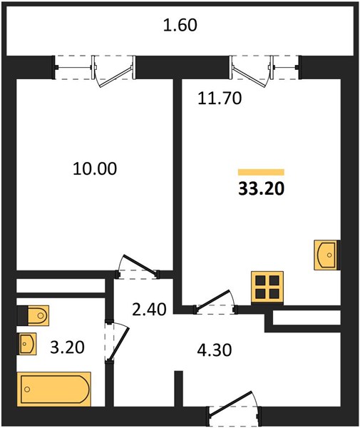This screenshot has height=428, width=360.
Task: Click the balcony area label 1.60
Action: pos(180,25)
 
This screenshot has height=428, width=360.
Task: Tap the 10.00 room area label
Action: pos(95,168)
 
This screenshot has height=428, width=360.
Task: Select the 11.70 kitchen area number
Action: pos(220,98)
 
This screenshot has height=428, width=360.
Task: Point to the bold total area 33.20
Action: pos(262,188)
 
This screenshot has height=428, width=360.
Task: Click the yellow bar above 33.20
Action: pos(262,172)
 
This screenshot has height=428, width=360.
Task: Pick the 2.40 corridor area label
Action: pos(149,310)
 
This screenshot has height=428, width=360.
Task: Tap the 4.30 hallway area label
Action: pos(215,350)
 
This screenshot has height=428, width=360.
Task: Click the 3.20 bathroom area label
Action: pos(67,347)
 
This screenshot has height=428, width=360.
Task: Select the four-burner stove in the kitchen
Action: pos(267,287)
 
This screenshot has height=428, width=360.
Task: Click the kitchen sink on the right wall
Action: pos(326,255)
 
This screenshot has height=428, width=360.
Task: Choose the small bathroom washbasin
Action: pos(26,344)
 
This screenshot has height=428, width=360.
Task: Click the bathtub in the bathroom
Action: pos(54,389)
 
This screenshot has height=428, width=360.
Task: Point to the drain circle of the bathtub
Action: pos(27,389)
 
